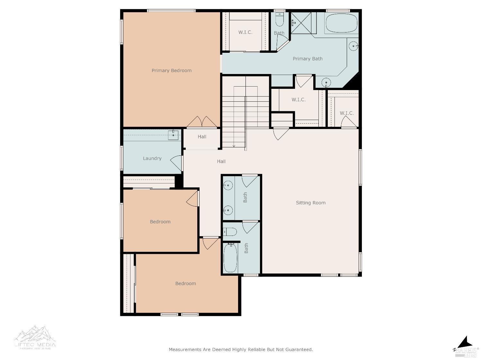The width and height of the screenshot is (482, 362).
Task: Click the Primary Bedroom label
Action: pyautogui.click(x=172, y=70)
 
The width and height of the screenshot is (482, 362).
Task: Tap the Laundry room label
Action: pyautogui.click(x=152, y=158)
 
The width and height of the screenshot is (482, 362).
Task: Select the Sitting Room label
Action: pyautogui.click(x=310, y=203)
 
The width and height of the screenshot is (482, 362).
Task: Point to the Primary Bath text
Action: pyautogui.click(x=308, y=59)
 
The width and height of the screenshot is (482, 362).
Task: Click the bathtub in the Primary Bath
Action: pyautogui.click(x=341, y=23)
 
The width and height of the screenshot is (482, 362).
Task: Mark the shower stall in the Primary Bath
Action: pyautogui.click(x=303, y=23)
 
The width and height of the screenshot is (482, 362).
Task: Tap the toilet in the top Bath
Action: pyautogui.click(x=280, y=21)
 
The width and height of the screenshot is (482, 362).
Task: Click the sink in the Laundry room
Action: pyautogui.click(x=173, y=135)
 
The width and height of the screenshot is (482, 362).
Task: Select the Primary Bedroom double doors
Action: pyautogui.click(x=202, y=122)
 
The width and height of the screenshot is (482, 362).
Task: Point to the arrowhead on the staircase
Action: pyautogui.click(x=234, y=146)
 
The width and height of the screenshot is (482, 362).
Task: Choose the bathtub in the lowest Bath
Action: pyautogui.click(x=230, y=258)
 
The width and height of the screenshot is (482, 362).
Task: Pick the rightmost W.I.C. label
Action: pyautogui.click(x=347, y=113)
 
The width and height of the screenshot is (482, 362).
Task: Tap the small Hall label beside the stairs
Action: pyautogui.click(x=202, y=137)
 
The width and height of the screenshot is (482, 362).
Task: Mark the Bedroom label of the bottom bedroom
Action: pyautogui.click(x=185, y=283)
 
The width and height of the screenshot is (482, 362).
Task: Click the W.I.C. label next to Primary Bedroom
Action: pyautogui.click(x=245, y=32)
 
